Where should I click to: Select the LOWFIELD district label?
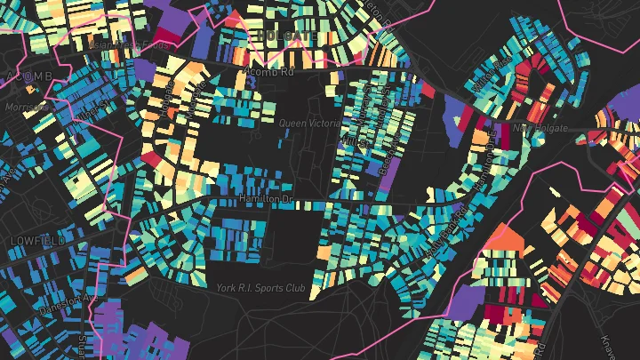point(34,241)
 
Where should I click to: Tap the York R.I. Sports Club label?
point(261,288)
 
